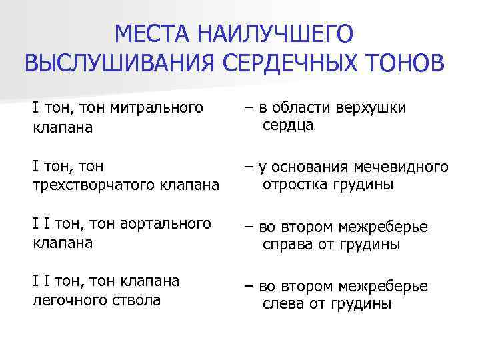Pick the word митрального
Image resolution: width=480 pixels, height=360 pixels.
[156, 107]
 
